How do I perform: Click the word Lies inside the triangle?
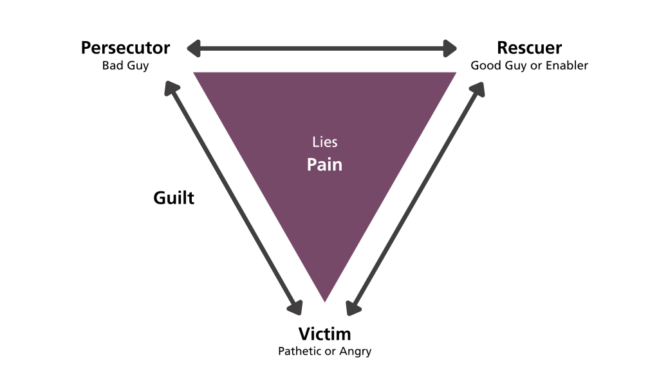pyautogui.click(x=324, y=142)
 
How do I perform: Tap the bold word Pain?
pyautogui.click(x=324, y=164)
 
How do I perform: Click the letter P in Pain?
pyautogui.click(x=311, y=164)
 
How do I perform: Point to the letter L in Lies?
pyautogui.click(x=315, y=142)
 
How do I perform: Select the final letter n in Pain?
pyautogui.click(x=337, y=166)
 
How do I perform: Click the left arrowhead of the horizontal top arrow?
pyautogui.click(x=192, y=48)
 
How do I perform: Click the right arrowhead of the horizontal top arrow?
pyautogui.click(x=451, y=48)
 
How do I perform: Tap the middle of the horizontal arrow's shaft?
pyautogui.click(x=322, y=48)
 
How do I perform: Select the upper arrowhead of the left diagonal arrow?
pyautogui.click(x=170, y=87)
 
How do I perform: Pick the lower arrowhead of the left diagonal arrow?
pyautogui.click(x=296, y=310)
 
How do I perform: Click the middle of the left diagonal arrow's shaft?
pyautogui.click(x=233, y=198)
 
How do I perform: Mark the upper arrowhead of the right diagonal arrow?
pyautogui.click(x=479, y=87)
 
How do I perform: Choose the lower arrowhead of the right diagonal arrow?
pyautogui.click(x=351, y=310)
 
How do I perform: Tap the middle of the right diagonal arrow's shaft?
pyautogui.click(x=415, y=198)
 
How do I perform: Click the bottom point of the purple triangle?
pyautogui.click(x=324, y=301)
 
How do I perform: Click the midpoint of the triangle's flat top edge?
pyautogui.click(x=324, y=73)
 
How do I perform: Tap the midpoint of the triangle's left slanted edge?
pyautogui.click(x=259, y=187)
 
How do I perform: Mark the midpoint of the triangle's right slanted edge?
pyautogui.click(x=391, y=187)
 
